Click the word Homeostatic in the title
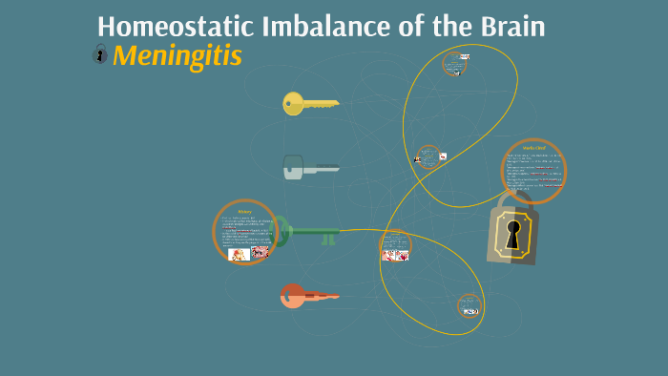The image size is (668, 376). [x=163, y=27]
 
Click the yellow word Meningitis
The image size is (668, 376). [x=177, y=56]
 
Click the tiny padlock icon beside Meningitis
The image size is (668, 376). [x=100, y=55]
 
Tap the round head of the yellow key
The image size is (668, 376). [x=293, y=103]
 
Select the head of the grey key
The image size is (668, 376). [x=293, y=168]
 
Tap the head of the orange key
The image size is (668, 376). [x=292, y=296]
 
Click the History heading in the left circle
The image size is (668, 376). [x=245, y=211]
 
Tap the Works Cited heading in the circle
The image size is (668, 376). [x=533, y=149]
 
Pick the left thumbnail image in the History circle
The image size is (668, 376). [x=239, y=254]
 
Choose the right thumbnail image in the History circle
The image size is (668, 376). [x=260, y=253]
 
